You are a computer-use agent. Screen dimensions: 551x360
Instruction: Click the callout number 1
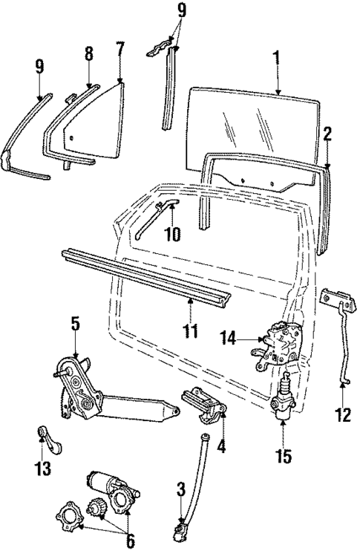tap(276, 57)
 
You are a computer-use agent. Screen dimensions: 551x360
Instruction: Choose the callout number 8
tap(88, 54)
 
